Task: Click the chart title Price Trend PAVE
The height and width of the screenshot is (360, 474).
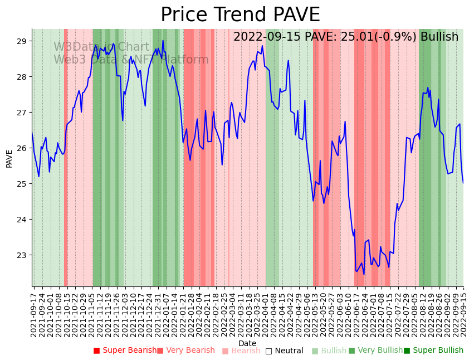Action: [240, 15]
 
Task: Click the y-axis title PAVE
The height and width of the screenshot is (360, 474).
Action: [9, 158]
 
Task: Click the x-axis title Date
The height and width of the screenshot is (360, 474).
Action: [247, 343]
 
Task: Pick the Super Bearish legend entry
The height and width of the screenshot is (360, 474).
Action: [125, 351]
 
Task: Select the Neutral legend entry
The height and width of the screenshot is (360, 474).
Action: [284, 351]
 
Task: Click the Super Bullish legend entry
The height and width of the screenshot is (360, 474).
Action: [433, 351]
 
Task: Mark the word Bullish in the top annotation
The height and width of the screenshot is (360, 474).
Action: [439, 37]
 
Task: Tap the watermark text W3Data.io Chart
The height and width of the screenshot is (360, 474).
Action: [101, 47]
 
